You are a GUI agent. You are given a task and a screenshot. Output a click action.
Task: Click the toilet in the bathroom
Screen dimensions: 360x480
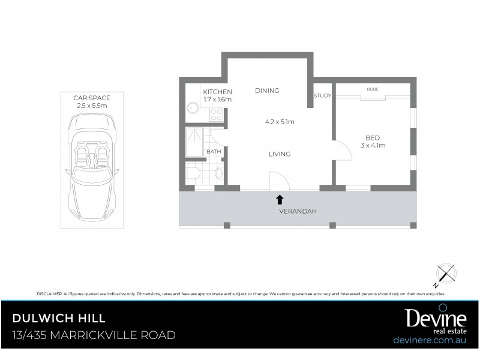193,175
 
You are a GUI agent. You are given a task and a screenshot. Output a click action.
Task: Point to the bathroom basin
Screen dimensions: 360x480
220,175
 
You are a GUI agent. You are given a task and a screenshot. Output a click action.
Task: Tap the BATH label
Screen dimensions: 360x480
214,152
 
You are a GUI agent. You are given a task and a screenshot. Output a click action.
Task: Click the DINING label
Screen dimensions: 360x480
267,91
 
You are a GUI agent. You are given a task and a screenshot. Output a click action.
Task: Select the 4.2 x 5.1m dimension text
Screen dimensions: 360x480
279,122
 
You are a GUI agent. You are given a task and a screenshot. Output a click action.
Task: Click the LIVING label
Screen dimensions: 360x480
279,154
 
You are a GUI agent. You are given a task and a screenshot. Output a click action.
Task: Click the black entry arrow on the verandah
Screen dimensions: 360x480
280,198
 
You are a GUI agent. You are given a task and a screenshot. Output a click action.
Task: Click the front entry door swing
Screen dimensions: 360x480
278,179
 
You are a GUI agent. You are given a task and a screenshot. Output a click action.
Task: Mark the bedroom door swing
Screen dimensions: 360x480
343,150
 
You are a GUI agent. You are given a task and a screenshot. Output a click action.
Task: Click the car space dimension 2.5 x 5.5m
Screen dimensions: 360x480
92,105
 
